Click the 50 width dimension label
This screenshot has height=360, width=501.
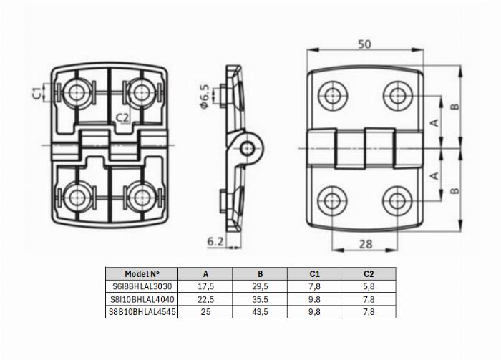tap(364, 44)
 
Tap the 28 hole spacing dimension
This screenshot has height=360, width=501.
tap(366, 244)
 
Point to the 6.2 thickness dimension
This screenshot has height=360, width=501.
tap(215, 242)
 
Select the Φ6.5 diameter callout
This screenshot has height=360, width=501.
tap(205, 97)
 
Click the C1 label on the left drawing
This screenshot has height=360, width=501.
tap(38, 92)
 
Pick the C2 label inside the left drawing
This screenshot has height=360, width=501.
tap(122, 118)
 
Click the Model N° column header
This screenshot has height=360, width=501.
tap(142, 273)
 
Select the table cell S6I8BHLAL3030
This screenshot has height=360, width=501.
tap(142, 286)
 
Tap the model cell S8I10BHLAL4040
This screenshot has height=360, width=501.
tap(142, 299)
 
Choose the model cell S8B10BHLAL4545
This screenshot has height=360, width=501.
tap(142, 312)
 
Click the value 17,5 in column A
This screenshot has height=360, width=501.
tap(205, 286)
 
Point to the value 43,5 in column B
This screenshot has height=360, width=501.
tap(260, 312)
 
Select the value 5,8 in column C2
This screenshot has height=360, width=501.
tap(369, 286)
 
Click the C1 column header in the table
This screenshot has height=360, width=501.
tap(314, 273)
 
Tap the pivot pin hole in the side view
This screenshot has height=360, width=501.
tap(248, 148)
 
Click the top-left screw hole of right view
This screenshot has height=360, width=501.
tap(333, 95)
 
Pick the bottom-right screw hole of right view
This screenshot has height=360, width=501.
tap(397, 200)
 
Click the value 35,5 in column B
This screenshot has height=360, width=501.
tap(260, 299)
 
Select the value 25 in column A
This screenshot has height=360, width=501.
tap(205, 312)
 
